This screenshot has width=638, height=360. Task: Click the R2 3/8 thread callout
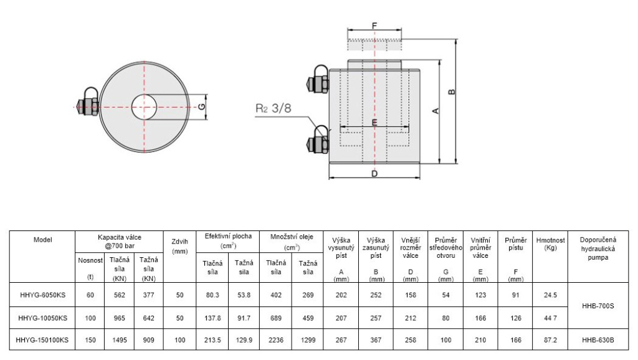[x=273, y=108]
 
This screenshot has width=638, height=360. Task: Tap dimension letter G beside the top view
[x=201, y=107]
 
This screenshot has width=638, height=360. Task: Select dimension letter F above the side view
[x=374, y=26]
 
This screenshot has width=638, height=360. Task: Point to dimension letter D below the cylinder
[x=374, y=174]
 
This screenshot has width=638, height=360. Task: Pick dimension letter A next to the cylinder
[x=436, y=111]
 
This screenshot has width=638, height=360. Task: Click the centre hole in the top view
[x=144, y=107]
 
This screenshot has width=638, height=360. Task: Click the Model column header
[x=43, y=240]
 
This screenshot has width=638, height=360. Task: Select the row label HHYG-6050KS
[x=43, y=295]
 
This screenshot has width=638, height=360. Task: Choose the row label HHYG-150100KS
[x=42, y=339]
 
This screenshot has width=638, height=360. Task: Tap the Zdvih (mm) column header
[x=180, y=246]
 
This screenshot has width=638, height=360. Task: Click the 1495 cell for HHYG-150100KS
[x=120, y=339]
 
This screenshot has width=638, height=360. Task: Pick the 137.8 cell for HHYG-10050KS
[x=212, y=318]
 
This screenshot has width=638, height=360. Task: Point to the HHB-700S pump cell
[x=598, y=305]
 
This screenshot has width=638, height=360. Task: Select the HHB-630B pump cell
[x=598, y=339]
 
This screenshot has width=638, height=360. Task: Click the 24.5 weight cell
[x=550, y=295]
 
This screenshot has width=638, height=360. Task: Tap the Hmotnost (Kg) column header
[x=550, y=244]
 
